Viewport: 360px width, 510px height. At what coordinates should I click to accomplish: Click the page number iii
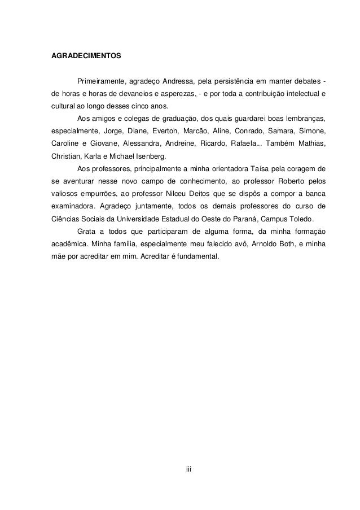coord(190,468)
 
